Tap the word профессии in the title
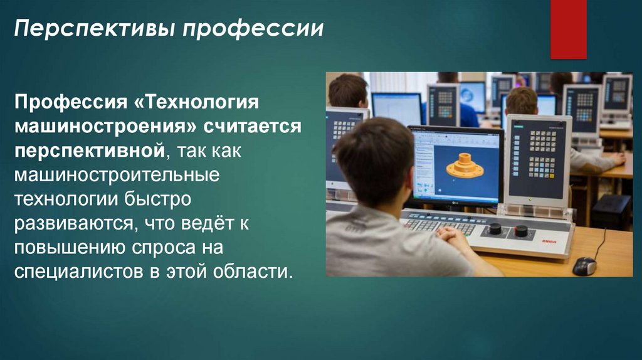(x=253, y=29)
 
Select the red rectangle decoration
(x=568, y=29)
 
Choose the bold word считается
(x=253, y=126)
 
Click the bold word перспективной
(x=90, y=151)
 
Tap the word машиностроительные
(x=117, y=175)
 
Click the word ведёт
(x=202, y=223)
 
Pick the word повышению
(x=70, y=248)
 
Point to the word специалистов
(x=79, y=272)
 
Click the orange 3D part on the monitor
(x=465, y=166)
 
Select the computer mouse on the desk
(x=584, y=266)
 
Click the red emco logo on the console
(x=549, y=241)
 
